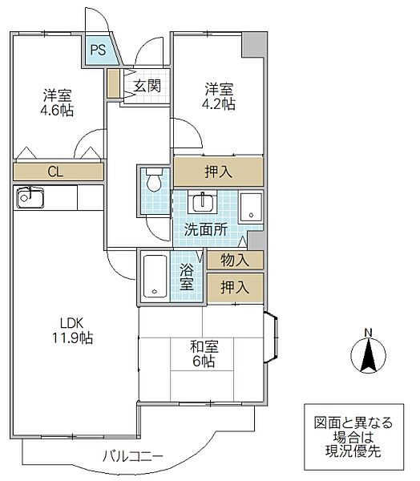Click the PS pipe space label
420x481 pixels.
(97, 52)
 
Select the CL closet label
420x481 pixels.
(55, 171)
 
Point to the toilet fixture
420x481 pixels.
(153, 182)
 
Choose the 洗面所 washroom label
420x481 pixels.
(206, 229)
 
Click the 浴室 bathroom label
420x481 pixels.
(186, 277)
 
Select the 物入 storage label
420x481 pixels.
(234, 260)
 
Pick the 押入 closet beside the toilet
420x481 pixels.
(218, 171)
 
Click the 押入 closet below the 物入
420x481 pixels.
(234, 286)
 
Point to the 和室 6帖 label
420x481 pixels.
(201, 354)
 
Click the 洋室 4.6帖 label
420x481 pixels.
(58, 103)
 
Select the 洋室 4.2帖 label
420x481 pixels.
(219, 95)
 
